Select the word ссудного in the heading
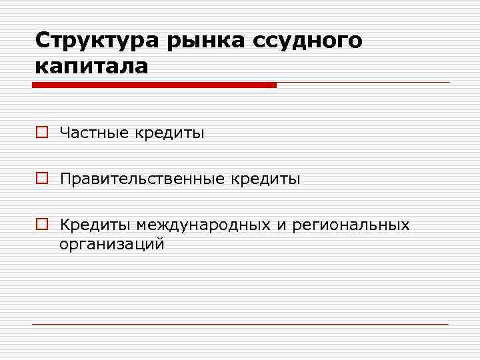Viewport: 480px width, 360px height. pyautogui.click(x=308, y=41)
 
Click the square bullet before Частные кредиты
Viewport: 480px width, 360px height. pyautogui.click(x=41, y=133)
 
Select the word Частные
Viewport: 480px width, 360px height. pyautogui.click(x=95, y=133)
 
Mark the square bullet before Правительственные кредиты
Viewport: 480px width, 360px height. pyautogui.click(x=41, y=179)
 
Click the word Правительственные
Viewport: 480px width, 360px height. pyautogui.click(x=141, y=179)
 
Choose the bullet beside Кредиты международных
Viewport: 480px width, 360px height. pyautogui.click(x=41, y=225)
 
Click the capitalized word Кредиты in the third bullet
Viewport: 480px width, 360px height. pyautogui.click(x=95, y=225)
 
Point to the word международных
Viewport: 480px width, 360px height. pyautogui.click(x=203, y=225)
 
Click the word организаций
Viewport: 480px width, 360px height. pyautogui.click(x=111, y=245)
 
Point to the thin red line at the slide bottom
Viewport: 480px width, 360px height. pyautogui.click(x=240, y=325)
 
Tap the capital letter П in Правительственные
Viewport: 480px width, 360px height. pyautogui.click(x=65, y=179)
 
